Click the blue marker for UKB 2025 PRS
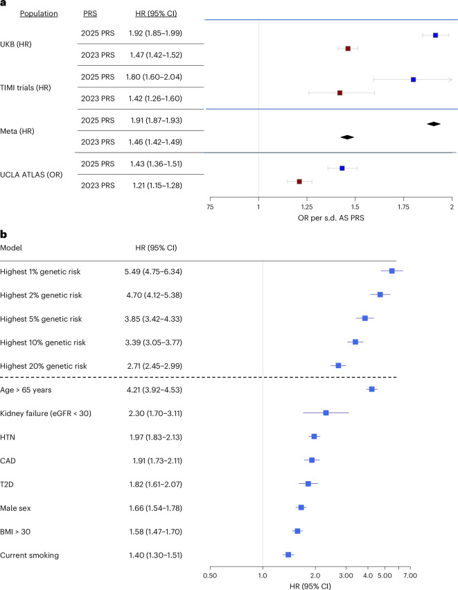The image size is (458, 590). pyautogui.click(x=435, y=35)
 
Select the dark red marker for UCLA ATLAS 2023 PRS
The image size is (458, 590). pyautogui.click(x=299, y=182)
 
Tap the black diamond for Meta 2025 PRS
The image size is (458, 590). pyautogui.click(x=434, y=124)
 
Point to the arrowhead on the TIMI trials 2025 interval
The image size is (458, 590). pyautogui.click(x=450, y=80)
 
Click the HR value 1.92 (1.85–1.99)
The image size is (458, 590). pyautogui.click(x=155, y=33)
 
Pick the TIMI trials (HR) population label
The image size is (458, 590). pyautogui.click(x=26, y=87)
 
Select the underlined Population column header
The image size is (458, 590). pyautogui.click(x=39, y=14)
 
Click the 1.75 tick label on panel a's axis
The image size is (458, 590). pyautogui.click(x=403, y=207)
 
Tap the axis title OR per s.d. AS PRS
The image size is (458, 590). pyautogui.click(x=331, y=218)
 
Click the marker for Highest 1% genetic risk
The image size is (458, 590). pyautogui.click(x=391, y=271)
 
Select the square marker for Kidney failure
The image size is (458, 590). pyautogui.click(x=326, y=413)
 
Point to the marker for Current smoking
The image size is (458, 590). pyautogui.click(x=288, y=555)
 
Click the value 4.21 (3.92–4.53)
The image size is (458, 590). pyautogui.click(x=155, y=390)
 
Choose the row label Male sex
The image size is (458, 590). pyautogui.click(x=15, y=508)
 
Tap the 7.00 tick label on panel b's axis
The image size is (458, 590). pyautogui.click(x=410, y=575)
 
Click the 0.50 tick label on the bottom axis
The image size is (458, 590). pyautogui.click(x=210, y=575)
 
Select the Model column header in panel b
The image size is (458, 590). pyautogui.click(x=11, y=248)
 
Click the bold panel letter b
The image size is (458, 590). pyautogui.click(x=3, y=234)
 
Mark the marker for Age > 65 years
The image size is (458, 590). pyautogui.click(x=372, y=389)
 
